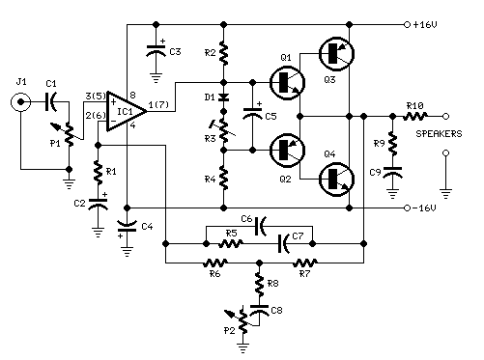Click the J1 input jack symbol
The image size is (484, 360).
coord(18,103)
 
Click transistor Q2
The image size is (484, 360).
coord(287,149)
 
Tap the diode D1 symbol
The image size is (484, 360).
coord(223,97)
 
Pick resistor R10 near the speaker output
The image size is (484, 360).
coord(416,114)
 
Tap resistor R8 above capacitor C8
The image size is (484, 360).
coord(259,285)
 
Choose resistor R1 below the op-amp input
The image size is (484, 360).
coord(98,173)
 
